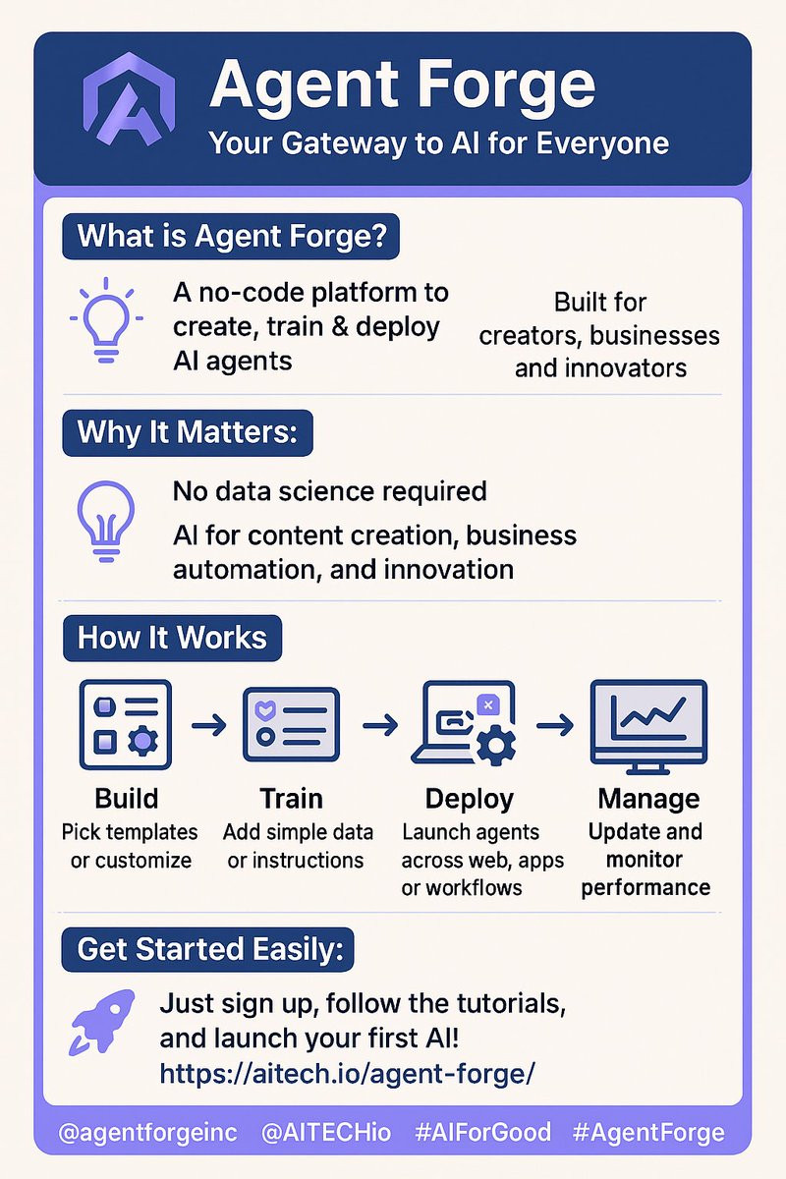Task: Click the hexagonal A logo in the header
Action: click(130, 99)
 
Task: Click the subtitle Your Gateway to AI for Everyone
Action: click(438, 143)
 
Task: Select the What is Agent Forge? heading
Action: click(231, 236)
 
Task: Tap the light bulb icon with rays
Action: click(106, 319)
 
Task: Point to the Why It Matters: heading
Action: click(188, 432)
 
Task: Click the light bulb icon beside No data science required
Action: click(106, 521)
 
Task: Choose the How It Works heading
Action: click(172, 638)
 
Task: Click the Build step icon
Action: click(126, 724)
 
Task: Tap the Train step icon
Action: click(291, 724)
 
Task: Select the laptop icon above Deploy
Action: click(464, 723)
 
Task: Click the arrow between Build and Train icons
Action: click(208, 726)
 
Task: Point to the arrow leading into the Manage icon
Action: click(555, 725)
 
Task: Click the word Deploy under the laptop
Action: click(469, 799)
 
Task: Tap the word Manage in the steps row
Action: click(648, 799)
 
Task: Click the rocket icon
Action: click(101, 1022)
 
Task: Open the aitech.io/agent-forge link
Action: click(347, 1072)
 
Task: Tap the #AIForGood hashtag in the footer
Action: click(482, 1132)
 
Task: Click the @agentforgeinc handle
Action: click(148, 1133)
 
